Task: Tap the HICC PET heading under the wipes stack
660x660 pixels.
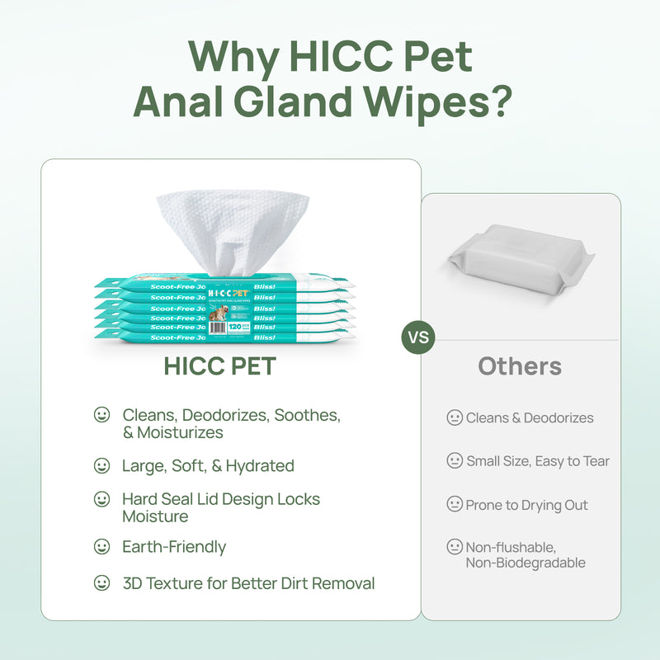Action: pyautogui.click(x=219, y=366)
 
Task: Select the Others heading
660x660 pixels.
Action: pyautogui.click(x=520, y=366)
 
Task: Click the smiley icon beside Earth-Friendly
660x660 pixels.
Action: pyautogui.click(x=101, y=547)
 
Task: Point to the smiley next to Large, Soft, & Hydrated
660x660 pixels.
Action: pyautogui.click(x=101, y=466)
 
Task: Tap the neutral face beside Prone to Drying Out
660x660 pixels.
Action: pyautogui.click(x=455, y=504)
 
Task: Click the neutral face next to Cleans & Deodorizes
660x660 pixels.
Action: pyautogui.click(x=455, y=418)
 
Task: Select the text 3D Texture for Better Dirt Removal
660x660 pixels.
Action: pyautogui.click(x=248, y=583)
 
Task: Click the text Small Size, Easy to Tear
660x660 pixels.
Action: pyautogui.click(x=538, y=461)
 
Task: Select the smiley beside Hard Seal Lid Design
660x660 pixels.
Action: pyautogui.click(x=101, y=499)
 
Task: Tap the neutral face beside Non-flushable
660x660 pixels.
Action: pyautogui.click(x=455, y=546)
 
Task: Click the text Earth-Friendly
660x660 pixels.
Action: pyautogui.click(x=174, y=547)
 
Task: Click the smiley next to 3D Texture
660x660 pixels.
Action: pyautogui.click(x=101, y=583)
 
